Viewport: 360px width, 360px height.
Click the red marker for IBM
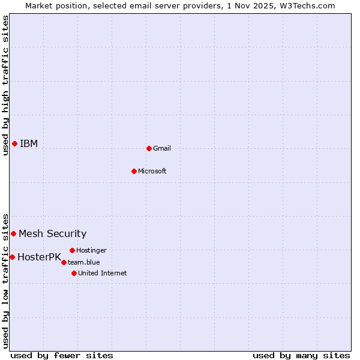14,143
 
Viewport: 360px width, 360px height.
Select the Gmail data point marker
149,148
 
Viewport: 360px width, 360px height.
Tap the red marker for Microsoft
134,171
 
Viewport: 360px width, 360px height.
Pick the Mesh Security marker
13,233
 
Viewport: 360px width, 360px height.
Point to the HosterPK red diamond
12,257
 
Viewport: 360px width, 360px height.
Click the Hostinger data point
72,250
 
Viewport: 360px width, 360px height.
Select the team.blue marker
64,262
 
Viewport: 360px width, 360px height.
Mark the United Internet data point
74,273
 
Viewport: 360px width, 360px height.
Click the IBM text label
29,143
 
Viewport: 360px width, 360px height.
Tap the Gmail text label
162,148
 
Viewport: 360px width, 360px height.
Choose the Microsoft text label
152,171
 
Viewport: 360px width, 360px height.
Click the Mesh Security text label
53,233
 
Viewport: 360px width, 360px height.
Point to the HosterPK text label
39,257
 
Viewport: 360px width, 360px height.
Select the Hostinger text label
92,250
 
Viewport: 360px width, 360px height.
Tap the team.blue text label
84,262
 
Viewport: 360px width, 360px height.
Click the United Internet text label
103,273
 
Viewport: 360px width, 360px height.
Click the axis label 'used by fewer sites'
62,355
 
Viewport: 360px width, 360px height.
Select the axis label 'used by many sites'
301,355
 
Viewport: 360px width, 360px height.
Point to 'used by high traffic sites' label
5,85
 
